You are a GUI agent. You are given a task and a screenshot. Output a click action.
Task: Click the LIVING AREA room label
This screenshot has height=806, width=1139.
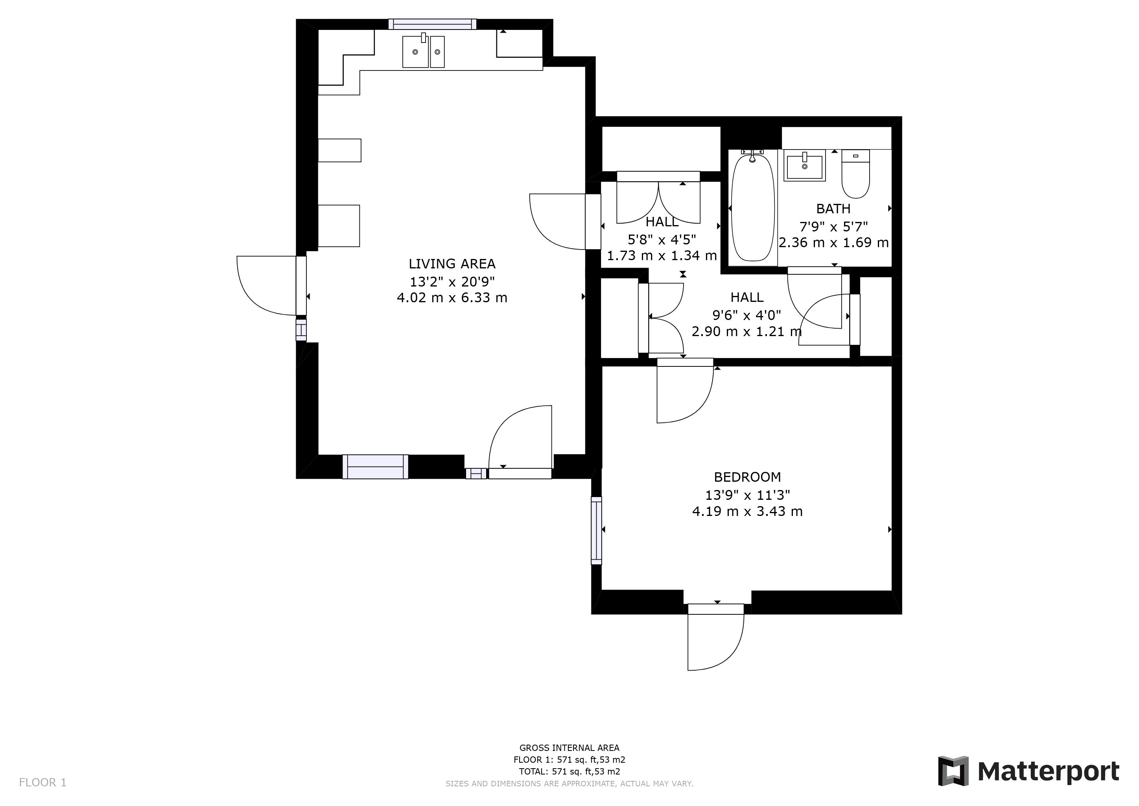coord(452,264)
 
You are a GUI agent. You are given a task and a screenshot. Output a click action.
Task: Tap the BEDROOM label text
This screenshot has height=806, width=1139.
coord(747,477)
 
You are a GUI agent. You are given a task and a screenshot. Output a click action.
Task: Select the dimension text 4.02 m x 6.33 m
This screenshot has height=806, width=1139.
coord(452,298)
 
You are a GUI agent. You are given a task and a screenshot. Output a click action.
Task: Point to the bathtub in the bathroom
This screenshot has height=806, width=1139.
coord(752,207)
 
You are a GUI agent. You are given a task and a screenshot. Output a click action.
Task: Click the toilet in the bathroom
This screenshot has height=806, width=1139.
coord(856,174)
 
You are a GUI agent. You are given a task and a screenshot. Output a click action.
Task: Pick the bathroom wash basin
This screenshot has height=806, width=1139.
coord(804,166)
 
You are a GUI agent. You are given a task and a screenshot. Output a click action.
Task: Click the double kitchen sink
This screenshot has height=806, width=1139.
coord(423,51)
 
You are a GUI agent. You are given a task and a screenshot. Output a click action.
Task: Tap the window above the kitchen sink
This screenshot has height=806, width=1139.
coord(432,24)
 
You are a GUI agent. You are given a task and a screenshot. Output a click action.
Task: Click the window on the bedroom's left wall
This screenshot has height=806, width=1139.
coord(596,531)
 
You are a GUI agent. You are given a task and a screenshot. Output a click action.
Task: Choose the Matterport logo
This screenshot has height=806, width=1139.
coord(1028,771)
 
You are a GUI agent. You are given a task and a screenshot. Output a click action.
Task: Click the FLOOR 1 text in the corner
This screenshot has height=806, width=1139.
coord(42,783)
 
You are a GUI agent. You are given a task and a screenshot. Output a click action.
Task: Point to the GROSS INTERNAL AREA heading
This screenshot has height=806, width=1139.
coord(569,748)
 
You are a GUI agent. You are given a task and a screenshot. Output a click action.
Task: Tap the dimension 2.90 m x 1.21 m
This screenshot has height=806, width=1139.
coord(746,331)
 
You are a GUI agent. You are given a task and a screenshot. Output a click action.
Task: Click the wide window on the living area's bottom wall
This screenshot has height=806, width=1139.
coord(376,467)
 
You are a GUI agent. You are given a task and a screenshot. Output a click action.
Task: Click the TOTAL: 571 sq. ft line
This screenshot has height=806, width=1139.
coord(569,772)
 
